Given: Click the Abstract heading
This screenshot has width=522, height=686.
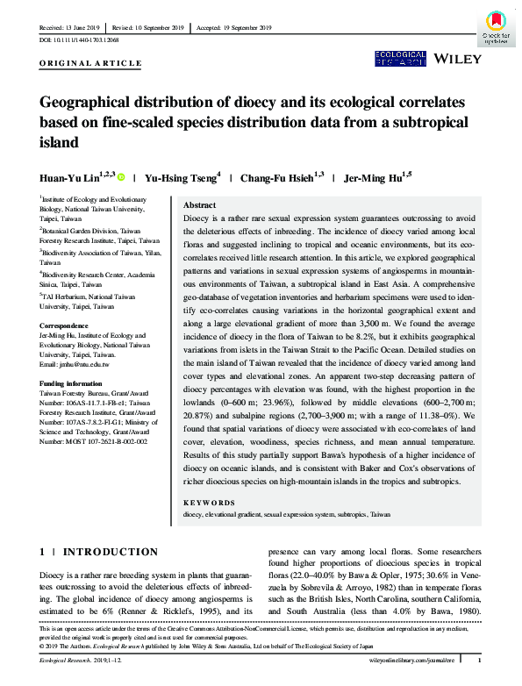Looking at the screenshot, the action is point(198,204).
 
